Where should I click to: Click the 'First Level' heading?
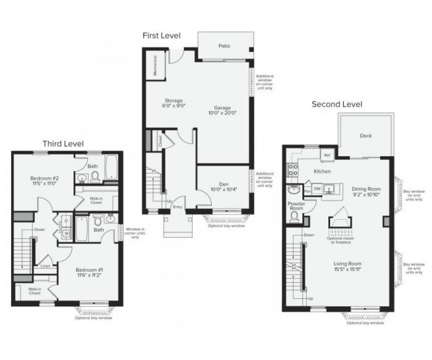(x=161, y=35)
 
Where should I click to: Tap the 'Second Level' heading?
(x=337, y=104)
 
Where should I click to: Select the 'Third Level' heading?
(x=63, y=144)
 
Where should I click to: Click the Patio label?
(x=224, y=46)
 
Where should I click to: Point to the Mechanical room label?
(x=155, y=65)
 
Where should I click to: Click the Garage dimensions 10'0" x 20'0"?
(x=222, y=113)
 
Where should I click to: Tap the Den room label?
(x=224, y=184)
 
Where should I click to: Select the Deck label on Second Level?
(x=366, y=136)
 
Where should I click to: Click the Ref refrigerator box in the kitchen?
(x=327, y=155)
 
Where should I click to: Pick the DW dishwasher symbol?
(x=317, y=188)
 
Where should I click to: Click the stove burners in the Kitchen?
(x=292, y=170)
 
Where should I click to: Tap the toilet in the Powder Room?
(x=294, y=216)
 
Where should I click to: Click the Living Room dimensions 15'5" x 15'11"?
(x=347, y=269)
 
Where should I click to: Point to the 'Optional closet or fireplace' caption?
(x=340, y=240)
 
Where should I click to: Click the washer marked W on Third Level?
(x=66, y=233)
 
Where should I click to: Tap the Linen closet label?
(x=45, y=266)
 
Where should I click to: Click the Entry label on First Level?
(x=177, y=207)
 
